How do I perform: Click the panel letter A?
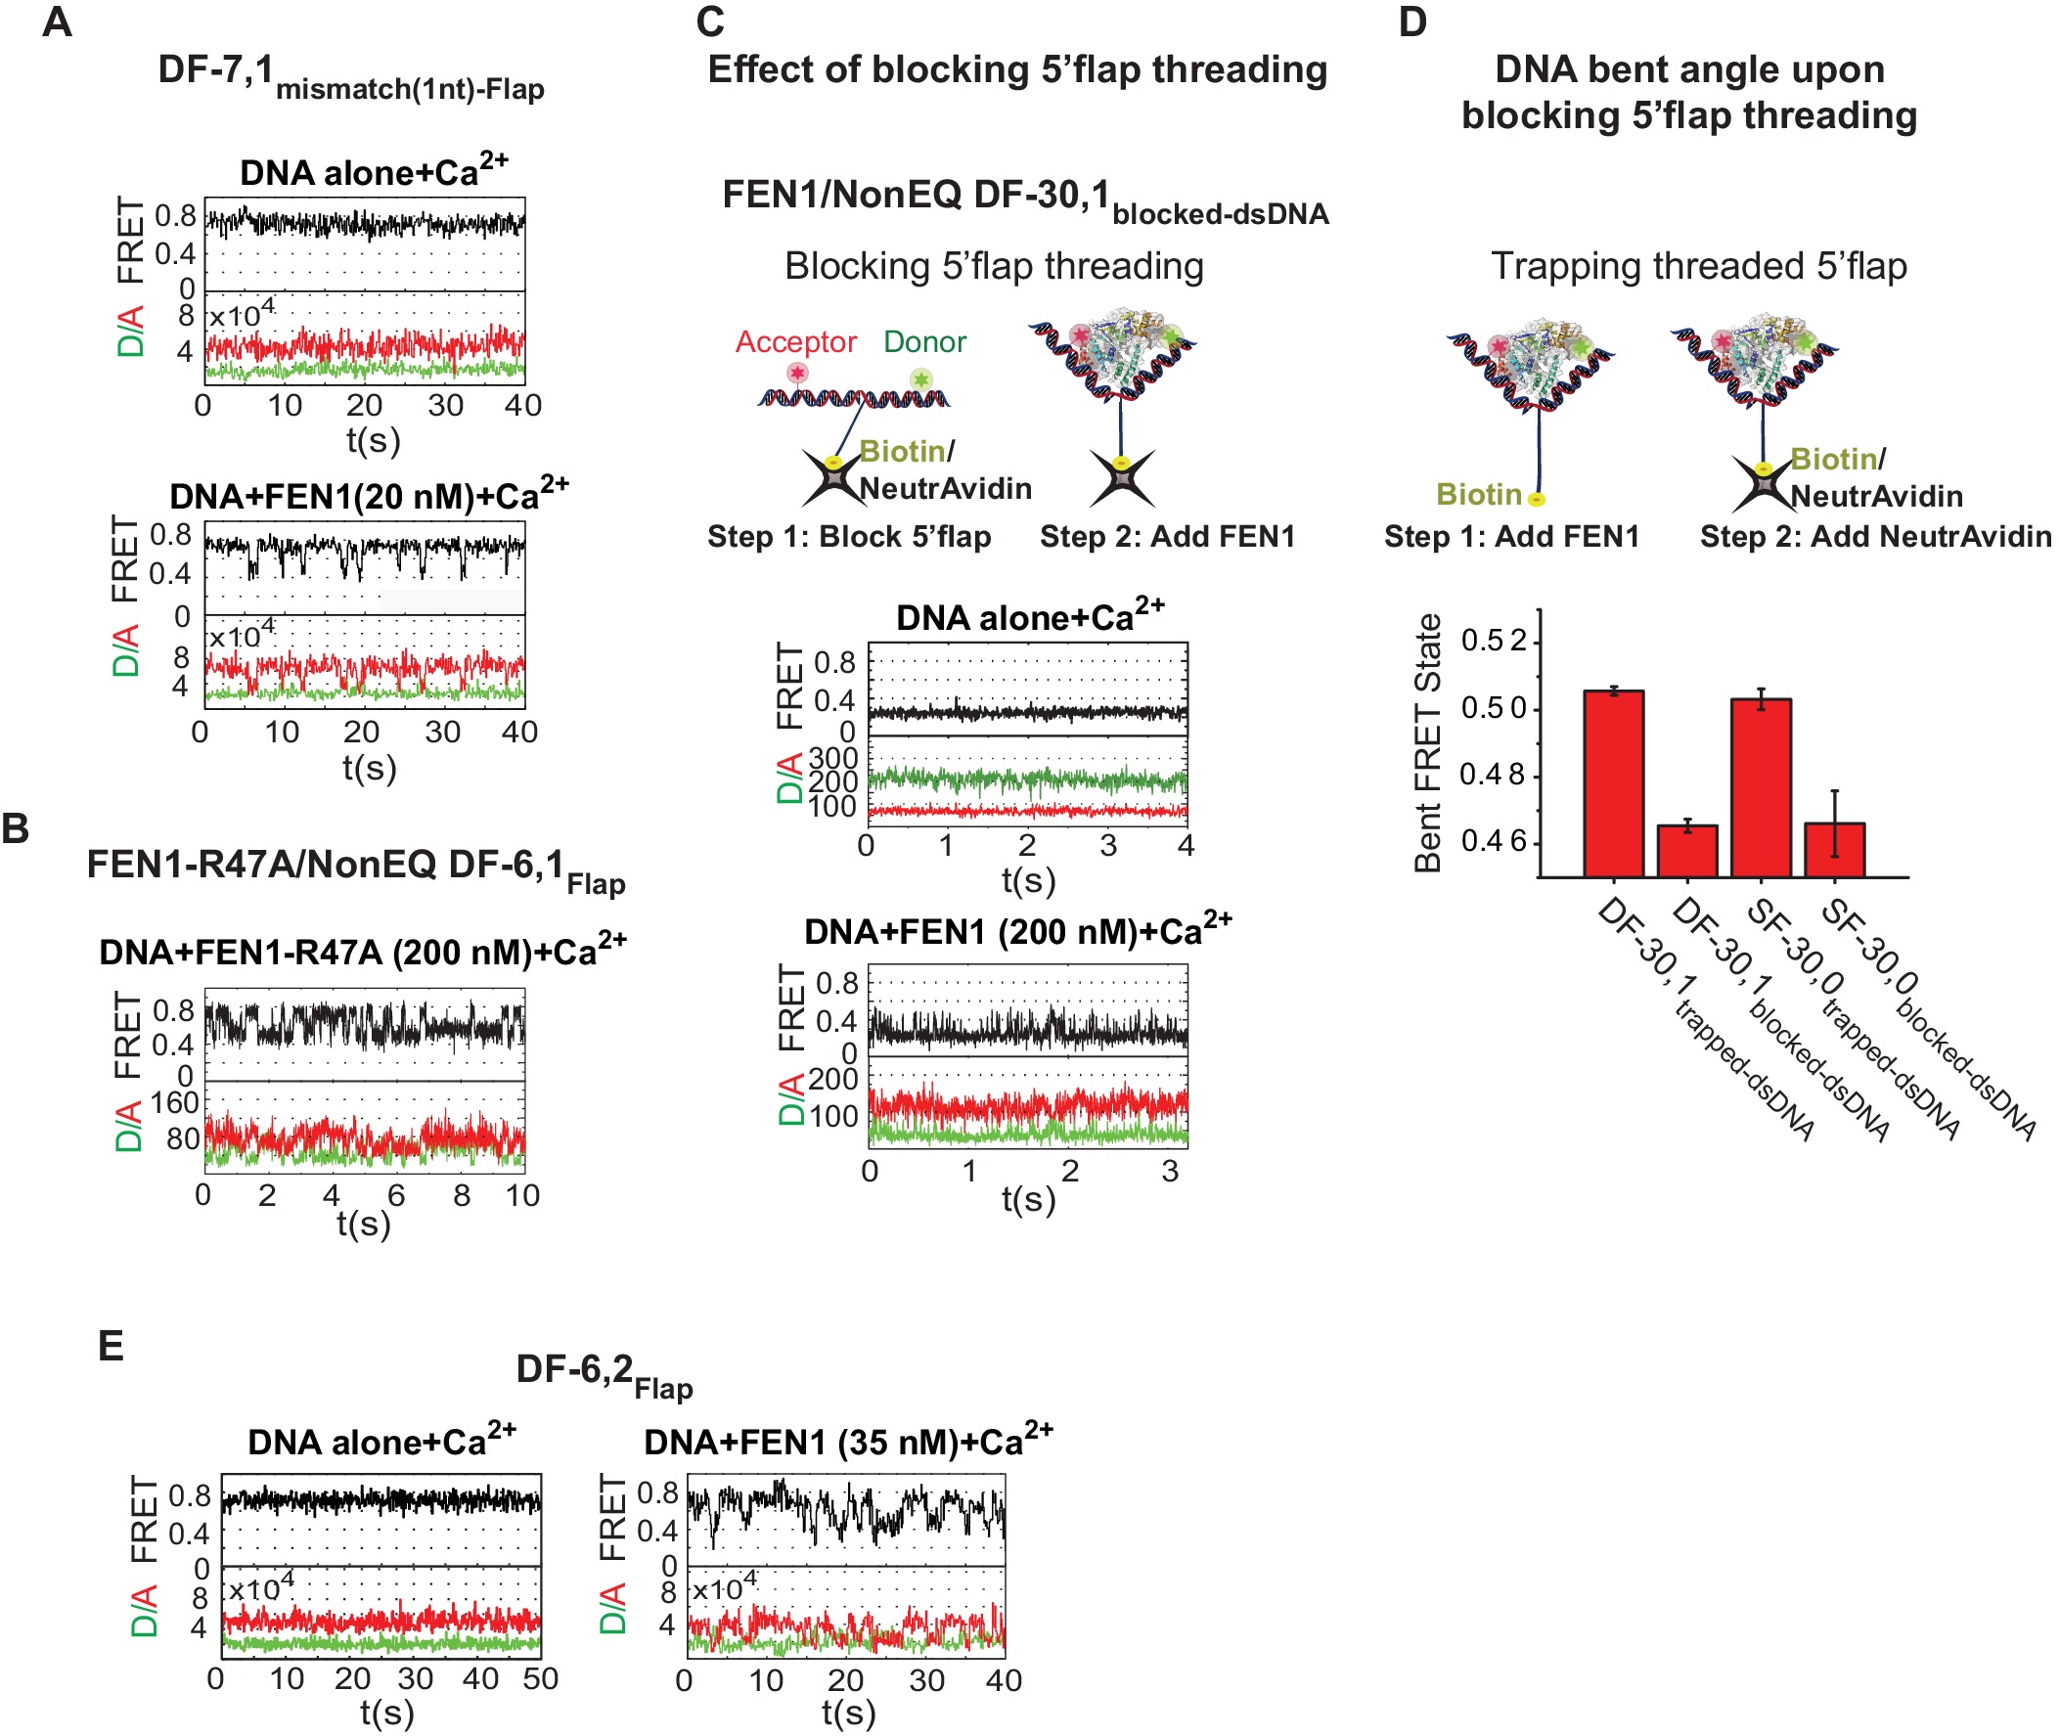click(x=57, y=22)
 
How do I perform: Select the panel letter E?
click(x=112, y=1346)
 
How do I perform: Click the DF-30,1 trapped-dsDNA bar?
click(x=1613, y=783)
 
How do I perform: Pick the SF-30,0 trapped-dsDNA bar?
click(x=1761, y=787)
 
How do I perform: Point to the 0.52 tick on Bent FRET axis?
click(x=1494, y=642)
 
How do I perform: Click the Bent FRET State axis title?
click(x=1428, y=743)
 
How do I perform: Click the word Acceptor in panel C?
click(x=795, y=341)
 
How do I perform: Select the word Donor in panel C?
click(x=924, y=341)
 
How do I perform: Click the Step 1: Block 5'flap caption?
click(x=848, y=536)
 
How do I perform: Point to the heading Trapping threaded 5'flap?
click(x=1699, y=267)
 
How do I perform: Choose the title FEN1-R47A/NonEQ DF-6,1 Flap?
click(x=355, y=867)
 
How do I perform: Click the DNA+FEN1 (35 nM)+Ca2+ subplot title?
click(x=847, y=1441)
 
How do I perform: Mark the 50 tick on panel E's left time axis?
click(x=540, y=1678)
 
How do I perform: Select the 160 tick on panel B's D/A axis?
click(x=175, y=1103)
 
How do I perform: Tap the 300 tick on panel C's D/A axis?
click(x=832, y=759)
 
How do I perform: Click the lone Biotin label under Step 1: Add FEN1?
click(x=1478, y=494)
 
